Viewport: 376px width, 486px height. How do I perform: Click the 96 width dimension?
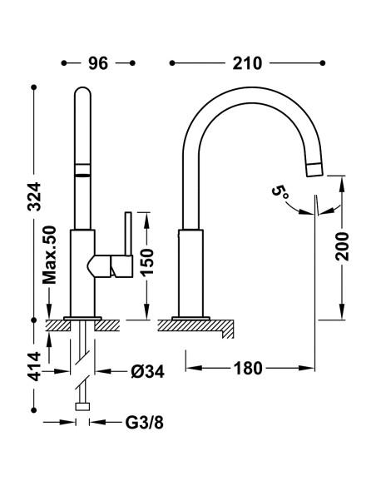pyautogui.click(x=98, y=63)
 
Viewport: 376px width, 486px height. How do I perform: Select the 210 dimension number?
pyautogui.click(x=247, y=63)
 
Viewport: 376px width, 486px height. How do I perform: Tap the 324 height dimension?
pyautogui.click(x=34, y=196)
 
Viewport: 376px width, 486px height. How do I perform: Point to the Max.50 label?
pyautogui.click(x=50, y=255)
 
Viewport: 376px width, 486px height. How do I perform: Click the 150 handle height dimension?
pyautogui.click(x=146, y=262)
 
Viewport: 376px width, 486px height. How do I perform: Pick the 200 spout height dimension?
pyautogui.click(x=342, y=245)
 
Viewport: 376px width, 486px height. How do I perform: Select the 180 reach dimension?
pyautogui.click(x=248, y=368)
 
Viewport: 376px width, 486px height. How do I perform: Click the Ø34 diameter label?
pyautogui.click(x=147, y=371)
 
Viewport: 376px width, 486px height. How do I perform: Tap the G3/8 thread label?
pyautogui.click(x=145, y=422)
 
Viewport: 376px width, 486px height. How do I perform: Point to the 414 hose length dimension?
pyautogui.click(x=34, y=366)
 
